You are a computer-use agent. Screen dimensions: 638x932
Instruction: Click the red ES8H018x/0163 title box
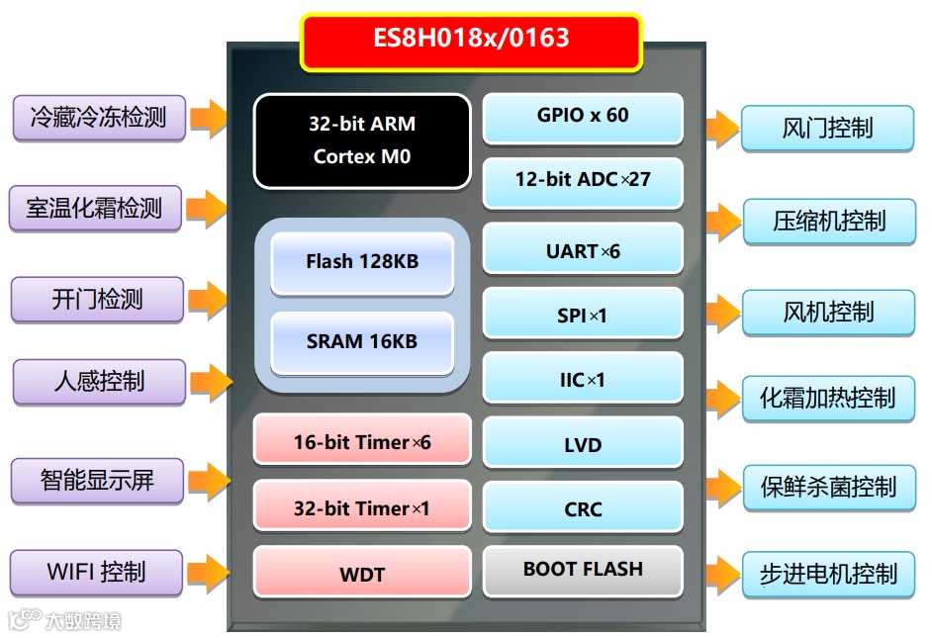471,41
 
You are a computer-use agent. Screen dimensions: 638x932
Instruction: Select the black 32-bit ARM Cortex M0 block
361,140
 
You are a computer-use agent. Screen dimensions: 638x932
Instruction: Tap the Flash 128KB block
361,262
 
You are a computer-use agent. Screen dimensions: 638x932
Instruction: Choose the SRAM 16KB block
361,342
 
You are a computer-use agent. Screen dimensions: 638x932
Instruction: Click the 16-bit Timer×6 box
361,441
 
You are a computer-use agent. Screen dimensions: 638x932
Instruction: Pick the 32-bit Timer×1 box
361,508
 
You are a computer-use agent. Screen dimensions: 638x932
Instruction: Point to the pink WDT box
361,573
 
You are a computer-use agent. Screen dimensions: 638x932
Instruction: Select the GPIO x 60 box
582,117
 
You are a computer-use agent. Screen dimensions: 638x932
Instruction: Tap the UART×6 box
582,249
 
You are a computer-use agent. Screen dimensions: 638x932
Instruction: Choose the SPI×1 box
582,315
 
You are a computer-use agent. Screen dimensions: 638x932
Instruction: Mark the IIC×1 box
582,379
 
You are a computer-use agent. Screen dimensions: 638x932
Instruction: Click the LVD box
582,444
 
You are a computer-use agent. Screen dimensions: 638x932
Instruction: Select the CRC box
582,508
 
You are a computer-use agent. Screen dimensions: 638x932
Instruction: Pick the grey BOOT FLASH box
582,571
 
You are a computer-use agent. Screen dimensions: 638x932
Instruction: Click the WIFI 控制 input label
96,573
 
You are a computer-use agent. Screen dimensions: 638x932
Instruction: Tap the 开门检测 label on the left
97,300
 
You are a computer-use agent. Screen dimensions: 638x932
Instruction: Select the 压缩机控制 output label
828,222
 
